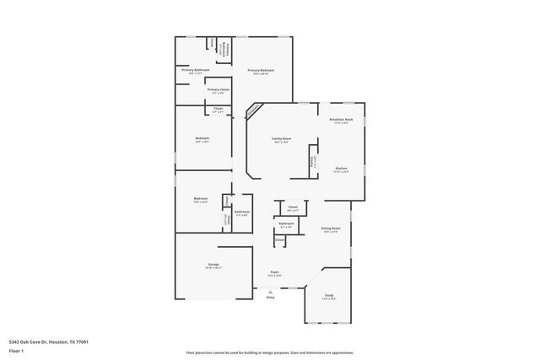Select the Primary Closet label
pos(218,89)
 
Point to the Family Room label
pos(281,138)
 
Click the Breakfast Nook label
pos(341,120)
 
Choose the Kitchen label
pos(341,169)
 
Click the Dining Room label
pos(330,228)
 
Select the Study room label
pos(329,295)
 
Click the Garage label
pos(213,265)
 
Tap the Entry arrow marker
pos(271,291)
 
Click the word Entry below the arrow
pos(271,298)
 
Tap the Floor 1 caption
pos(16,351)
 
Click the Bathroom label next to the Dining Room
pos(286,223)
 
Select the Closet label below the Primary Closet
pos(218,109)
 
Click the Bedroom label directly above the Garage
pos(202,199)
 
